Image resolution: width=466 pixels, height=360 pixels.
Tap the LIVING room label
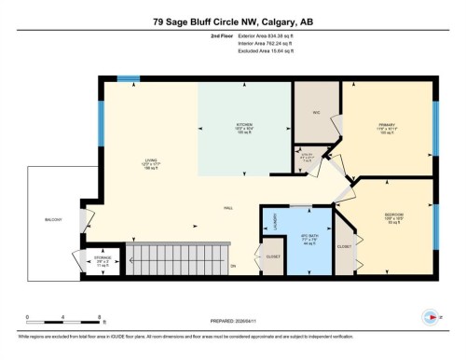coord(147,160)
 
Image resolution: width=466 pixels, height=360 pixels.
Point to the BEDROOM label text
coord(393,215)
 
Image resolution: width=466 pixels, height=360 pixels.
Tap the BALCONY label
coord(53,219)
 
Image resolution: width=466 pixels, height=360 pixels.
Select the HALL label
coord(227,207)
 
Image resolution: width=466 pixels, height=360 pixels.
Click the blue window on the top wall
coord(127,78)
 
